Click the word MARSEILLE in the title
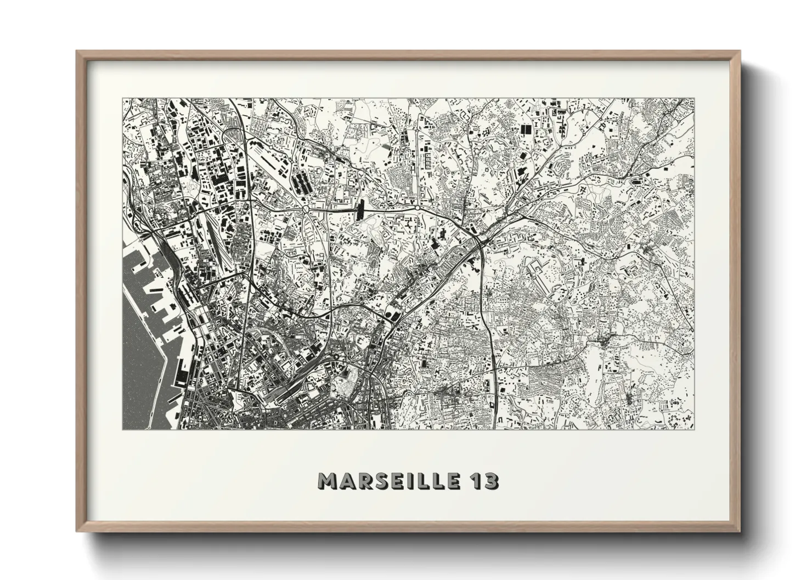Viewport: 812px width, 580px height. click(390, 481)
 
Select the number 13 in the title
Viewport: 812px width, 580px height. click(485, 481)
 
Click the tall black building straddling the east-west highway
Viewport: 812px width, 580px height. click(360, 210)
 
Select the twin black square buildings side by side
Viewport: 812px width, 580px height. click(526, 129)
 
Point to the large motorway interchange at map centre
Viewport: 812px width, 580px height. click(478, 239)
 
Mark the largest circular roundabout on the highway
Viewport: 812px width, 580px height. click(305, 209)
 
